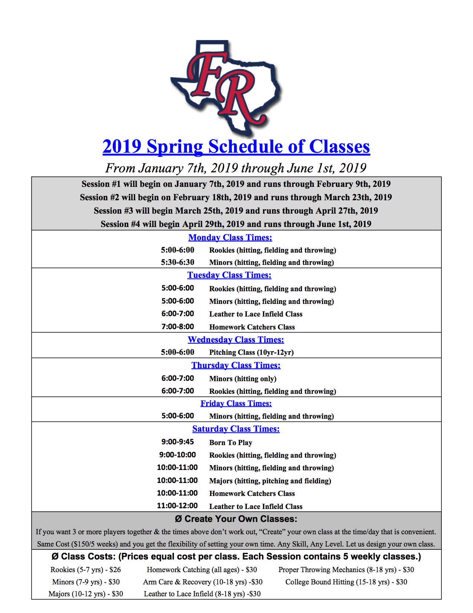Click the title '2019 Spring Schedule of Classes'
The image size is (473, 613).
236,146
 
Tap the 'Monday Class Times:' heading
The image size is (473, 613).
230,237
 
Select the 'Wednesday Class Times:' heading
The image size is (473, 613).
236,340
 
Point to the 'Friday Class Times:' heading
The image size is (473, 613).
236,403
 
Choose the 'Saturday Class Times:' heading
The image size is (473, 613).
236,429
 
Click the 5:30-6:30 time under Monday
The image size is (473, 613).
177,262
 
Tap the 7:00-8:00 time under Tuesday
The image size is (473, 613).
177,327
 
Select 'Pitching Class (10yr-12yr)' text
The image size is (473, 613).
251,352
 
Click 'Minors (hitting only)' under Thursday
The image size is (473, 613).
243,379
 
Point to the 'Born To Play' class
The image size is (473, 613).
230,442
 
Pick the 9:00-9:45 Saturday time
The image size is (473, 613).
177,442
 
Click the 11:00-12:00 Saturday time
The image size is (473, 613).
177,506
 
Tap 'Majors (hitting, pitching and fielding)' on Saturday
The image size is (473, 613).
270,481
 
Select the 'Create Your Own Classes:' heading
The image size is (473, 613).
236,519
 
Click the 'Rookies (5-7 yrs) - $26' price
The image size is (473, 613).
86,570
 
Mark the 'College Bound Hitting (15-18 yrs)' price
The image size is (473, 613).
346,582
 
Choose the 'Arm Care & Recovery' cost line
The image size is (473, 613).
203,582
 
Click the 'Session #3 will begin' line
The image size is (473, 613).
236,211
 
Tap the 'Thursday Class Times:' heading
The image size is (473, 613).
236,365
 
